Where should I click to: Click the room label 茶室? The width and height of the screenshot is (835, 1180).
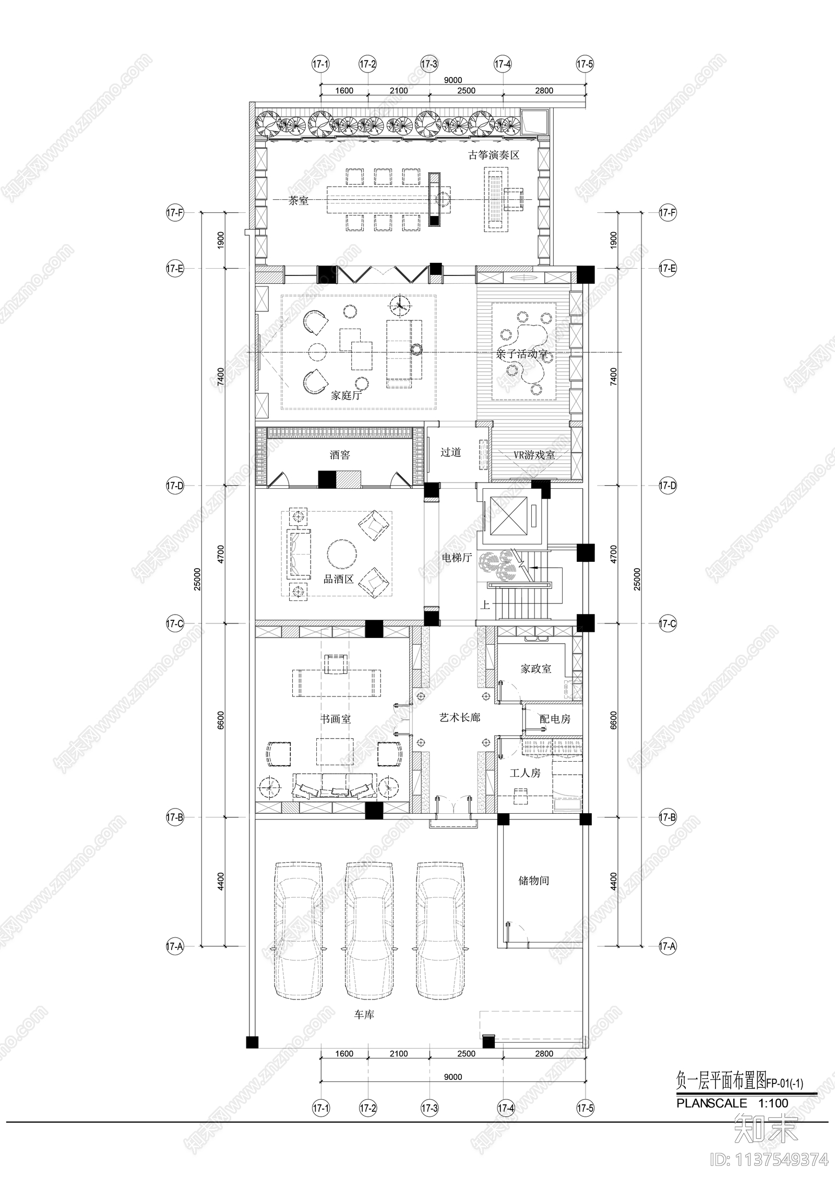tap(299, 201)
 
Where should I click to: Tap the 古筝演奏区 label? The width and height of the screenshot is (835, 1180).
tap(494, 155)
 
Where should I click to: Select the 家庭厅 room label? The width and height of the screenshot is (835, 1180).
tap(347, 395)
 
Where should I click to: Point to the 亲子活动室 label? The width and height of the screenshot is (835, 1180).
tap(522, 354)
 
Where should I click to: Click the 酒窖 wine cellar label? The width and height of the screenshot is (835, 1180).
tap(340, 455)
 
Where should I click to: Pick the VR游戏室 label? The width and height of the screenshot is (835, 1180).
tap(534, 455)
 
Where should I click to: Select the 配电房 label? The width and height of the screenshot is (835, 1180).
tap(555, 719)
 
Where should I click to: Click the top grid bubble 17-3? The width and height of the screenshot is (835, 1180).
tap(429, 64)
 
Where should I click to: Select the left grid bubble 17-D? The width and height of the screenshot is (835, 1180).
tap(175, 486)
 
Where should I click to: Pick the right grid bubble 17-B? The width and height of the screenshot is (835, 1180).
tap(667, 818)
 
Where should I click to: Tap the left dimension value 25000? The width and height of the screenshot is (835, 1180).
tap(197, 579)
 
